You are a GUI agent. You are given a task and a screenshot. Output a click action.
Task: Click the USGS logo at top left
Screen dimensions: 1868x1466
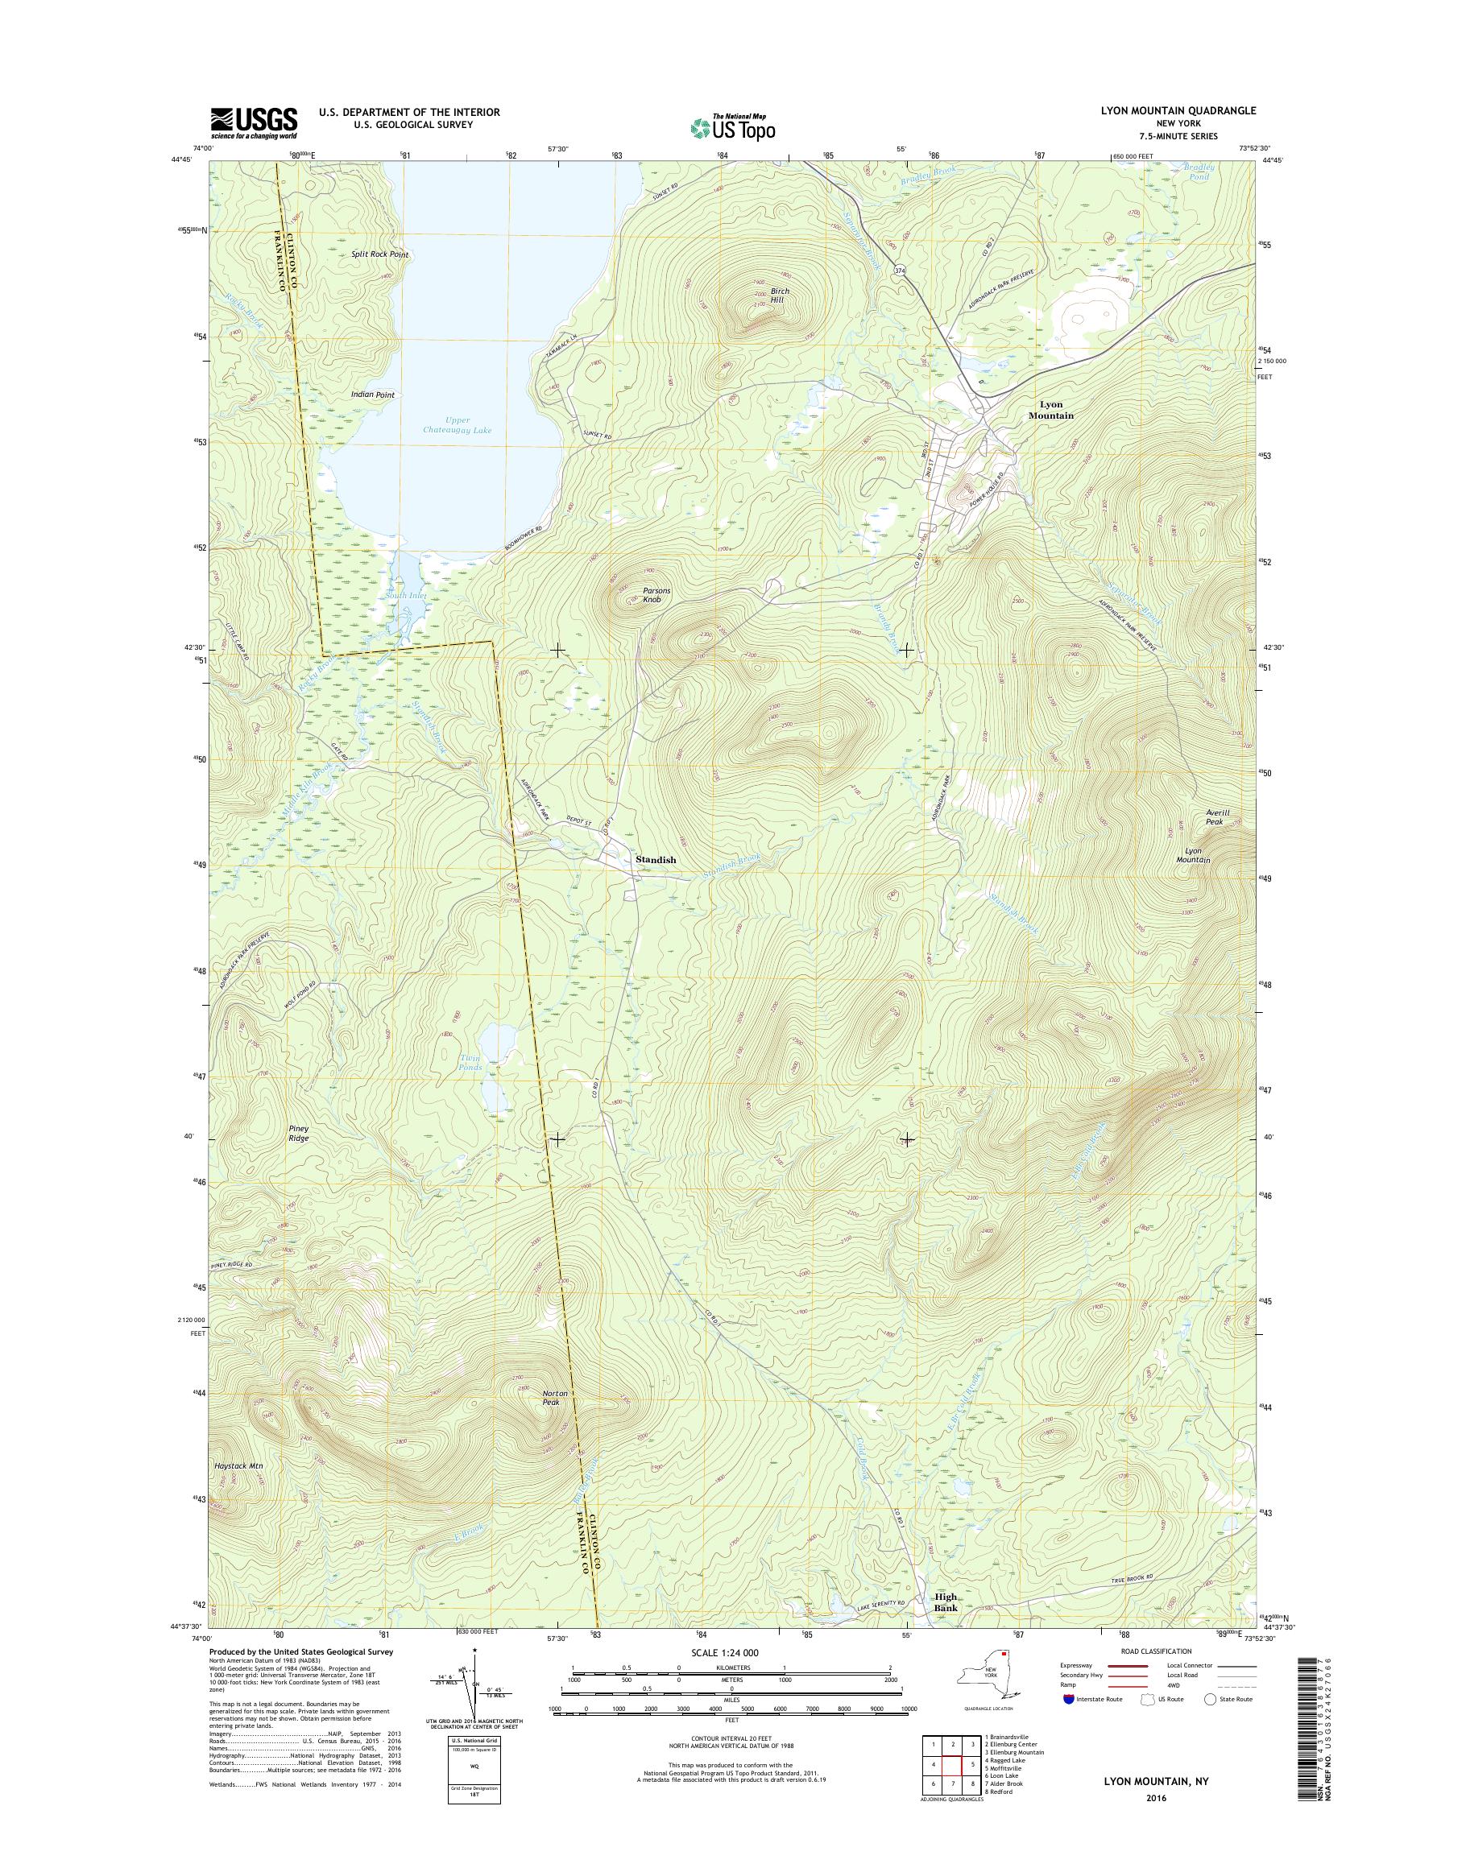point(254,122)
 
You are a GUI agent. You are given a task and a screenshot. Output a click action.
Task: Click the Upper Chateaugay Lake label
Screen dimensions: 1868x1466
point(457,425)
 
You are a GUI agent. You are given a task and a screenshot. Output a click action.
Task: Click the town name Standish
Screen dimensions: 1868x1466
point(656,859)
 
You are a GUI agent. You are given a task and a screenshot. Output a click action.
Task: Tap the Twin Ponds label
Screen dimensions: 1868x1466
point(470,1062)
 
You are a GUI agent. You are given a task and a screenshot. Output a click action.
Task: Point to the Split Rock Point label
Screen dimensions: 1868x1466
point(379,255)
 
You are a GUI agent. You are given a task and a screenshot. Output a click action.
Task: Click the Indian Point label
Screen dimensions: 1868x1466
point(372,395)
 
